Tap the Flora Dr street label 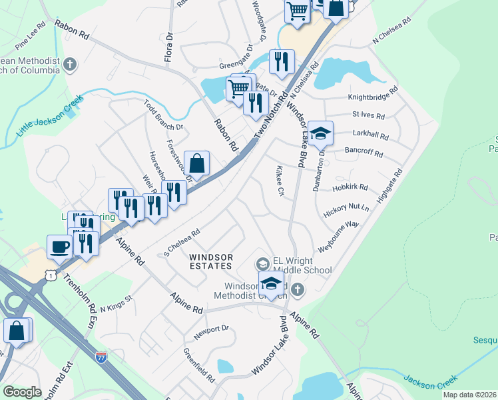pos(169,49)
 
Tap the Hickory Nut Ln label pos(346,212)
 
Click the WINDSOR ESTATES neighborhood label pos(210,261)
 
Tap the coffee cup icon pos(59,247)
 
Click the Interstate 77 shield pos(101,357)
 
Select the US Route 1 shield pos(49,274)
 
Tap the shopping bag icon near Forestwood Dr pos(197,163)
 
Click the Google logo pos(22,392)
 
